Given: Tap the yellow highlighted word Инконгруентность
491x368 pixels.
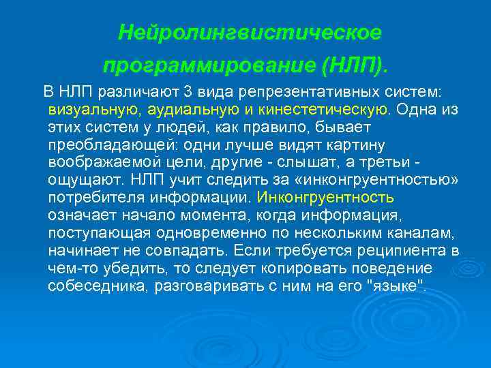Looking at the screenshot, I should coord(325,198).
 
